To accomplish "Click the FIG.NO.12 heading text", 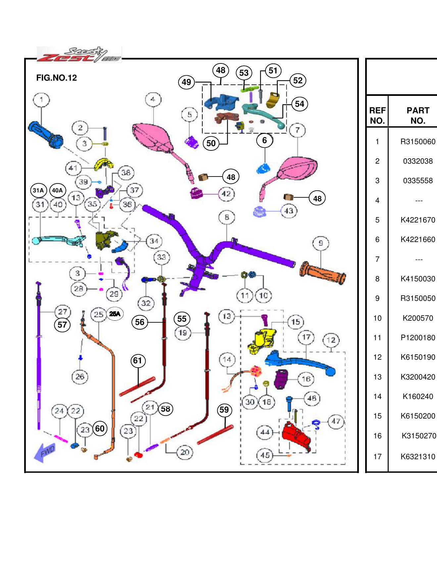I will pos(56,78).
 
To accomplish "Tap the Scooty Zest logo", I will pos(79,55).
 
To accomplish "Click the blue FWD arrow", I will pos(45,452).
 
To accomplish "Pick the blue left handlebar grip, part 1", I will pos(46,135).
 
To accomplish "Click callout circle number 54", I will pos(300,104).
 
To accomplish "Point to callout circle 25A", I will pos(115,314).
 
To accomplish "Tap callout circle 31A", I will pos(38,190).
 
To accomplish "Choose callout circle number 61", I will pos(138,361).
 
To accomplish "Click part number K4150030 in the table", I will pos(418,279).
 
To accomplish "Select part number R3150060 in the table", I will pos(418,141).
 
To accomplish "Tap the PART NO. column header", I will pos(418,115).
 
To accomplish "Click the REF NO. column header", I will pos(377,115).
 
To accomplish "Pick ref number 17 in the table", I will pos(377,457).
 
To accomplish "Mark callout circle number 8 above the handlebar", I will pos(227,217).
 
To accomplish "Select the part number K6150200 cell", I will pos(418,416).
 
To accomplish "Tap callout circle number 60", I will pos(100,428).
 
